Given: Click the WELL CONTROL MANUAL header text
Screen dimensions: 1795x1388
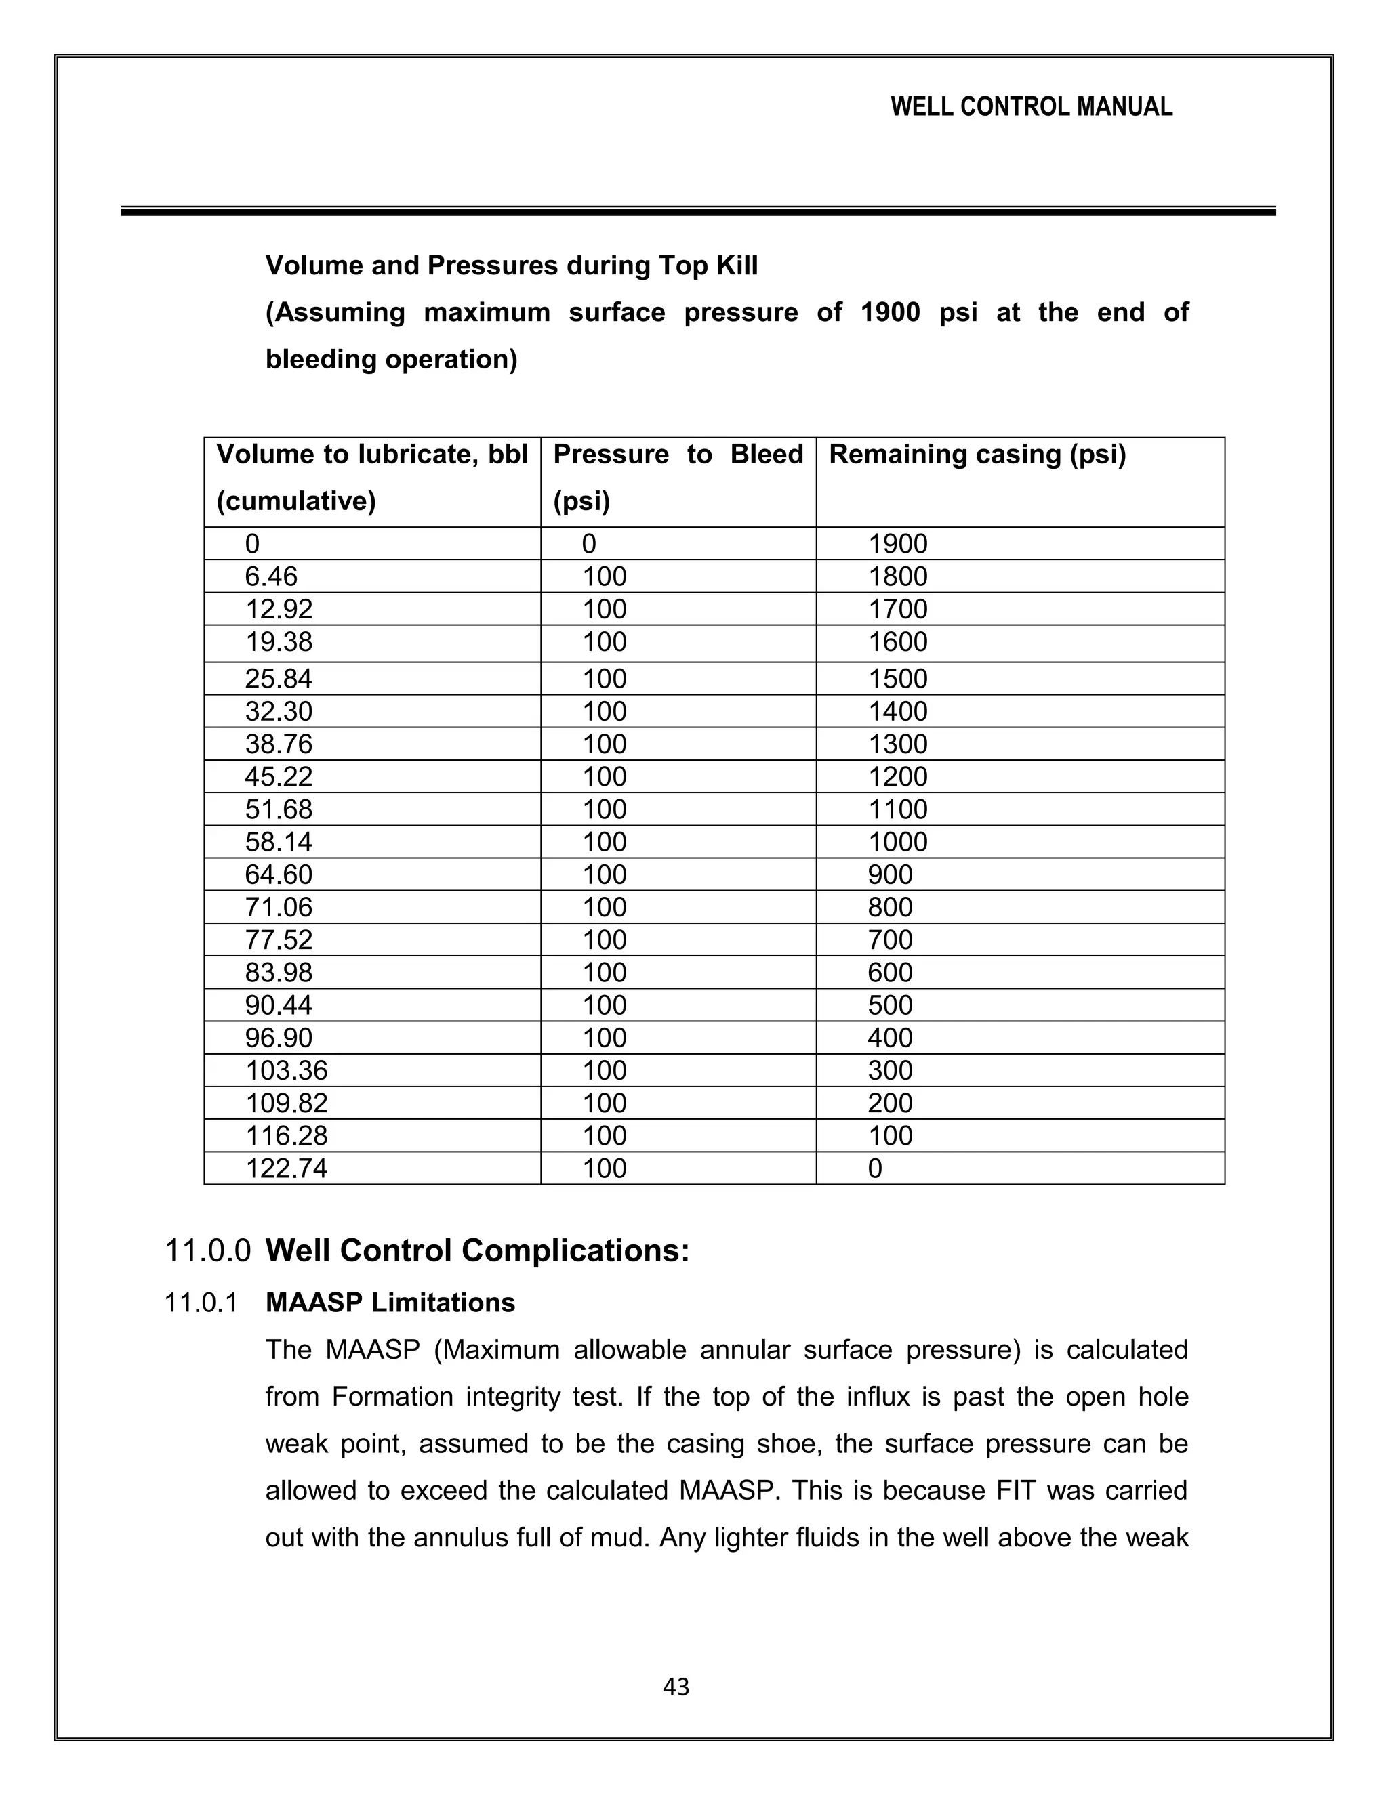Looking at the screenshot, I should point(1031,107).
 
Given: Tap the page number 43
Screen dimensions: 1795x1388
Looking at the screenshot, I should point(676,1687).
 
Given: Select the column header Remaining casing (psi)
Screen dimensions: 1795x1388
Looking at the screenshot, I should point(977,455).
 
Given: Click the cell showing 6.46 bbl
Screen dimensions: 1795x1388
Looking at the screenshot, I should point(270,576).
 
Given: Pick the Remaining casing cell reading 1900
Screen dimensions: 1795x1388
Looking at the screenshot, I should point(898,543).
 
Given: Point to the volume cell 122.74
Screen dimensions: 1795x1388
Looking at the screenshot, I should point(286,1168).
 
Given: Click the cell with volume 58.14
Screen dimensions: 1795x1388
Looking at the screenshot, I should point(278,841).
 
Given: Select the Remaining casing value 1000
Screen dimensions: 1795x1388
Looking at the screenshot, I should point(898,841).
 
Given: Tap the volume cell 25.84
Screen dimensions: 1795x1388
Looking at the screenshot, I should point(278,679).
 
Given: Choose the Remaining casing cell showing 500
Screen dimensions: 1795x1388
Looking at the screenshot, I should point(890,1005).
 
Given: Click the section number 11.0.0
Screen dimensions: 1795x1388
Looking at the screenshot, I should point(207,1251).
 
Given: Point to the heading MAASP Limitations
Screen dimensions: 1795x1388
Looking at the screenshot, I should point(390,1303).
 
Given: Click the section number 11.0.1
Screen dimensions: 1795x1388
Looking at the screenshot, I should point(201,1303).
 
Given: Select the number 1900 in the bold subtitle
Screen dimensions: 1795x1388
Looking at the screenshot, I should point(890,312).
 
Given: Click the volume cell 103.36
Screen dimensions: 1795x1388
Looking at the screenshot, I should point(286,1070).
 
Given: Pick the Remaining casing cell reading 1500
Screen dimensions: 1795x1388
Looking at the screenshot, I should point(898,679).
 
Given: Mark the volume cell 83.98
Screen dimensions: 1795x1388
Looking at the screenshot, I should point(278,972).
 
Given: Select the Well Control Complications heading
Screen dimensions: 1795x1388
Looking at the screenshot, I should point(477,1251).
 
